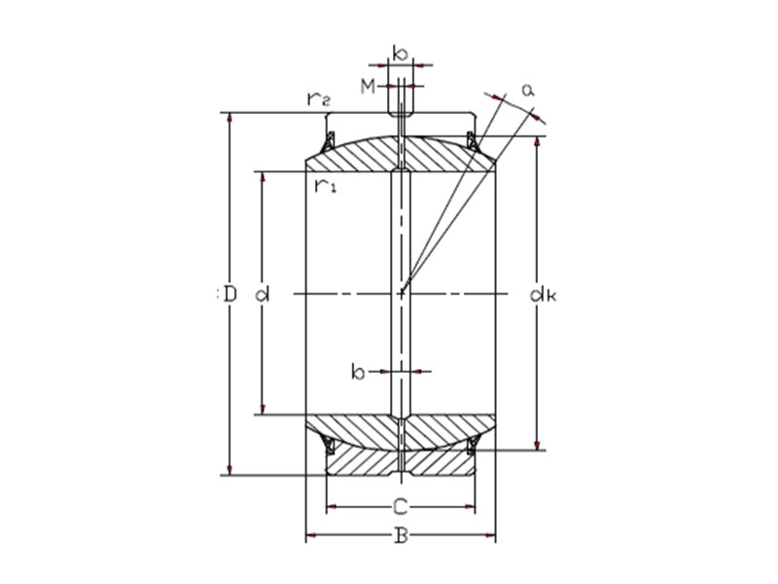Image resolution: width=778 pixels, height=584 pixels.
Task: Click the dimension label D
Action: point(230,293)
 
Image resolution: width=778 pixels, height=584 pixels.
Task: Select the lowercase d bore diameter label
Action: point(261,293)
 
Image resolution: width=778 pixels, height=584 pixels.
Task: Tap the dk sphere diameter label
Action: point(542,293)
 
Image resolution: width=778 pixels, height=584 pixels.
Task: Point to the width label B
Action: point(400,536)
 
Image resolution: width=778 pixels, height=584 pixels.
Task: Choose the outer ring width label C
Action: point(400,506)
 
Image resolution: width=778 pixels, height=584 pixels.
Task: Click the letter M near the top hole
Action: point(368,88)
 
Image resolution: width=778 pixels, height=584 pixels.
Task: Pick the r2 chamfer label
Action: point(318,98)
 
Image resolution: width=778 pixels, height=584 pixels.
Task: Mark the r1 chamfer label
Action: point(325,184)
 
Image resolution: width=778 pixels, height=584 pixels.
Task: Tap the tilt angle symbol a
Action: point(528,90)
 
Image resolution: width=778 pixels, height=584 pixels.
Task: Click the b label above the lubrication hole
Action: point(399,52)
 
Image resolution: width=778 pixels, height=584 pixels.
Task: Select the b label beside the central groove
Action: point(358,371)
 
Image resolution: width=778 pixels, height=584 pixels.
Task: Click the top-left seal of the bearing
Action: point(329,141)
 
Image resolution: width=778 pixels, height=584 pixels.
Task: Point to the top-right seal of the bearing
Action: point(473,141)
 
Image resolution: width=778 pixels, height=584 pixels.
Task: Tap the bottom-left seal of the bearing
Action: point(329,446)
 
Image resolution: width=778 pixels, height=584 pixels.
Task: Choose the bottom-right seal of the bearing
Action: point(473,446)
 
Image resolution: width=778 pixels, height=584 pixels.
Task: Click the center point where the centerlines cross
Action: point(401,293)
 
